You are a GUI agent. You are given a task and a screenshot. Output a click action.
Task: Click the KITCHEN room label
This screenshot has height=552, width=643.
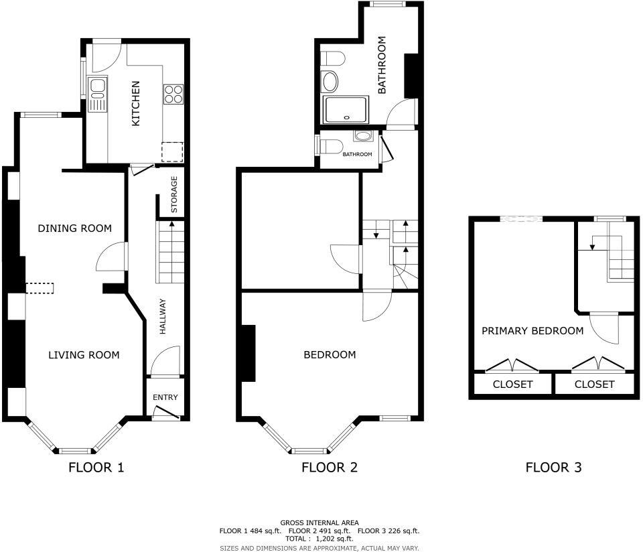click(x=135, y=104)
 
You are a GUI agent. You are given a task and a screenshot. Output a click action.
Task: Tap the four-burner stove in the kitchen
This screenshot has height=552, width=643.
click(x=173, y=94)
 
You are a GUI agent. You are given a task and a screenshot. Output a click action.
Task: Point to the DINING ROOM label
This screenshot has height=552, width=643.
click(x=74, y=228)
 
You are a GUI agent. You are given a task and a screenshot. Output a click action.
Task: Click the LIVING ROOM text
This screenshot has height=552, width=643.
click(x=84, y=355)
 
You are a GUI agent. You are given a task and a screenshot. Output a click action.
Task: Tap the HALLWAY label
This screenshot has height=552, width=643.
click(x=162, y=317)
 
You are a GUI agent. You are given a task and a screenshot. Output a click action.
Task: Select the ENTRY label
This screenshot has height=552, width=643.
click(x=165, y=397)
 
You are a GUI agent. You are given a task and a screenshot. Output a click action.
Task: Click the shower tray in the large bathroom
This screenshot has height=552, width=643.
click(x=346, y=110)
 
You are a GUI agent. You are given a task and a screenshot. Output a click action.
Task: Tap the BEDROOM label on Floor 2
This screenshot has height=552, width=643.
click(x=330, y=355)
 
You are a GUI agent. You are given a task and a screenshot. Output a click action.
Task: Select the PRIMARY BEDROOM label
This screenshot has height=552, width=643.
click(x=532, y=331)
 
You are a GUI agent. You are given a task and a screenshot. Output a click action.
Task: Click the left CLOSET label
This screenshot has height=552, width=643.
click(x=512, y=385)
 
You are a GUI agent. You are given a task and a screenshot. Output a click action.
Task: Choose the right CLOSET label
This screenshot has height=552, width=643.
click(x=594, y=385)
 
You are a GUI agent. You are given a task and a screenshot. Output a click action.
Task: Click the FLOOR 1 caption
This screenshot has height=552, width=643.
click(x=96, y=468)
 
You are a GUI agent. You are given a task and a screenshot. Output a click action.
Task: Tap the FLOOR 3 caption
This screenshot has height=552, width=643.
click(x=553, y=468)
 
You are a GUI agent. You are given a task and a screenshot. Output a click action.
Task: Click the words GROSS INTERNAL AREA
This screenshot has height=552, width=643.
click(x=319, y=523)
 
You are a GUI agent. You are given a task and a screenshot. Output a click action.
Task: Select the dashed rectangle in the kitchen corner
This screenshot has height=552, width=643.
click(x=173, y=152)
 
